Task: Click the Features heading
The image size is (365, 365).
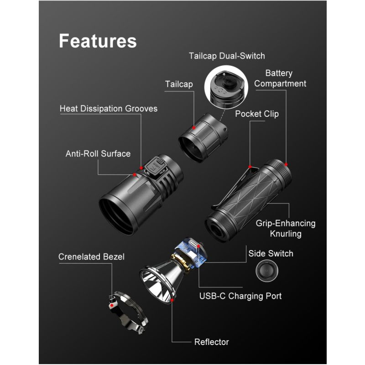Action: click(98, 41)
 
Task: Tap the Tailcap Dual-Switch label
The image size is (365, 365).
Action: click(227, 56)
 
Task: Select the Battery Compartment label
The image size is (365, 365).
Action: click(280, 78)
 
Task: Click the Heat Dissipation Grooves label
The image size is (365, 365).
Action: click(109, 109)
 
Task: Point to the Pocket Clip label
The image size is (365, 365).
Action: click(257, 114)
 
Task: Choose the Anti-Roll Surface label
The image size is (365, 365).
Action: click(98, 153)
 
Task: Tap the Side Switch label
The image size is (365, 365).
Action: click(271, 253)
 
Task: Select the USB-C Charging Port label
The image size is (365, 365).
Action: click(240, 296)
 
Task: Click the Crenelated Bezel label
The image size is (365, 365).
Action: click(91, 257)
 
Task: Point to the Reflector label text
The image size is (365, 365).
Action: click(212, 342)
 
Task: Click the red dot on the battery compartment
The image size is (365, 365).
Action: click(287, 164)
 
